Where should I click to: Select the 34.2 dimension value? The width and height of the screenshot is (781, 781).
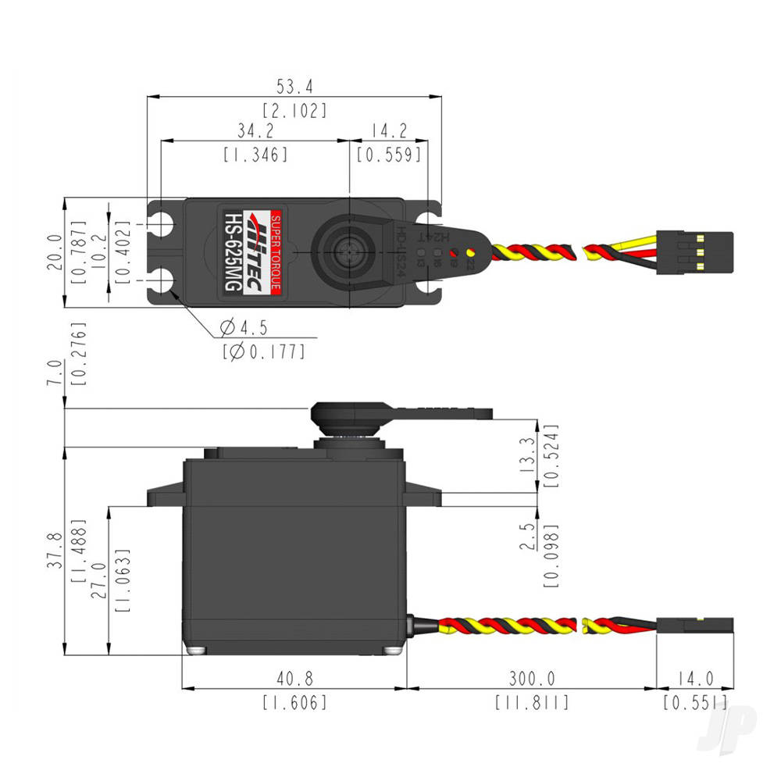pyautogui.click(x=255, y=128)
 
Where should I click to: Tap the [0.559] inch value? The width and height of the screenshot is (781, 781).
pyautogui.click(x=389, y=154)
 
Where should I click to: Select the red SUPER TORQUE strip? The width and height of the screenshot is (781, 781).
pyautogui.click(x=275, y=251)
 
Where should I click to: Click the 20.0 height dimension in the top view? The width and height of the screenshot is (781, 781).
pyautogui.click(x=53, y=252)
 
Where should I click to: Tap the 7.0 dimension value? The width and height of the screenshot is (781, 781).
pyautogui.click(x=53, y=373)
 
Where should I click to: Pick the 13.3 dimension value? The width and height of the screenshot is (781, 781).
pyautogui.click(x=528, y=457)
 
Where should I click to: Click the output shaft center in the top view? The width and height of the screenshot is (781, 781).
pyautogui.click(x=345, y=251)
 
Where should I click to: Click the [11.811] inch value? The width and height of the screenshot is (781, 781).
pyautogui.click(x=532, y=702)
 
